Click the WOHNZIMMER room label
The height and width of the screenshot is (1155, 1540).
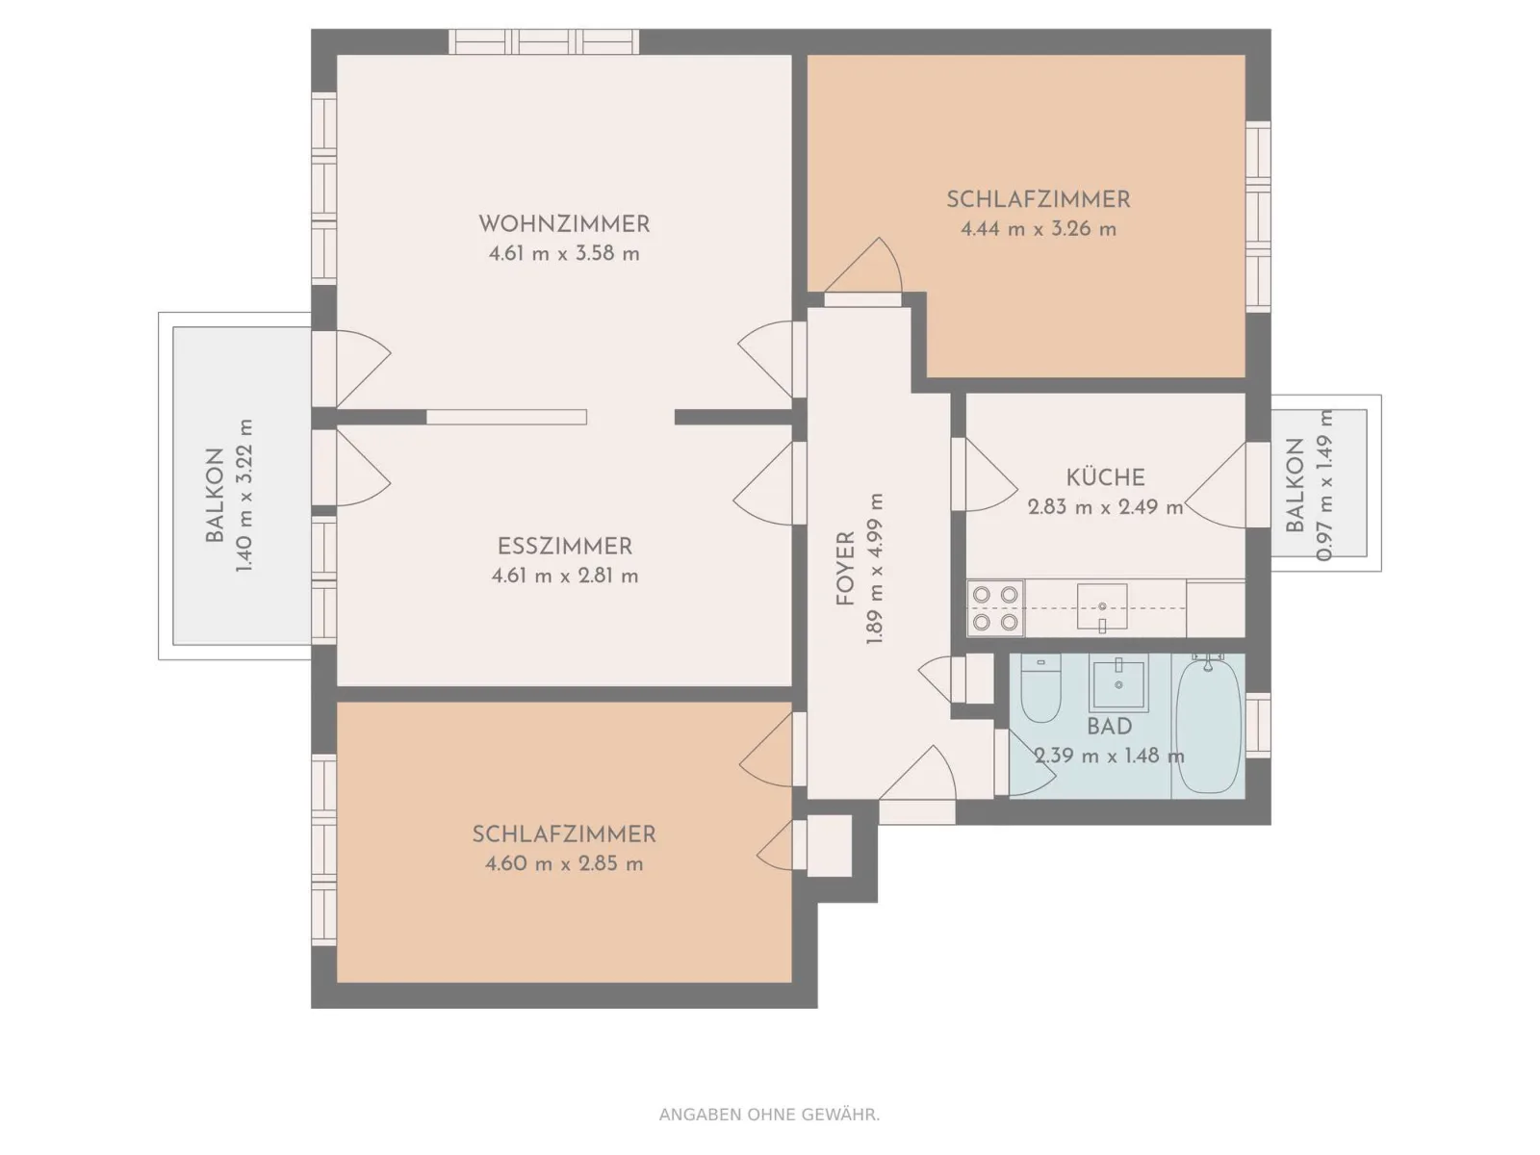pyautogui.click(x=564, y=224)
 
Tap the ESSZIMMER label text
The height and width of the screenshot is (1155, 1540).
pyautogui.click(x=565, y=547)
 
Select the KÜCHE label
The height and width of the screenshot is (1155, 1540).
pyautogui.click(x=1105, y=476)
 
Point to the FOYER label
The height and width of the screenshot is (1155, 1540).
pyautogui.click(x=845, y=568)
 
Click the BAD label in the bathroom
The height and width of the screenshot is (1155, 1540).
pyautogui.click(x=1109, y=727)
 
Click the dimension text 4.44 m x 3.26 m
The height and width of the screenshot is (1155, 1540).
pyautogui.click(x=1039, y=229)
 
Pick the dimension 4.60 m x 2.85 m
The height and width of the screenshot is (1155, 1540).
pyautogui.click(x=564, y=863)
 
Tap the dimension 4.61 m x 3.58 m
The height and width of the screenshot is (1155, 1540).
pyautogui.click(x=564, y=254)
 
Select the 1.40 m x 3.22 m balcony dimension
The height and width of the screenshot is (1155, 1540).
pyautogui.click(x=244, y=495)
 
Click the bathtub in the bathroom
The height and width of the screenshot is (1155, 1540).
pyautogui.click(x=1208, y=727)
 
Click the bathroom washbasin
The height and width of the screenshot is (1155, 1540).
pyautogui.click(x=1118, y=683)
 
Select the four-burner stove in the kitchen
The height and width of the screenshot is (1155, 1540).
pyautogui.click(x=995, y=608)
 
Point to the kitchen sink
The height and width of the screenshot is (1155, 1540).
pyautogui.click(x=1102, y=607)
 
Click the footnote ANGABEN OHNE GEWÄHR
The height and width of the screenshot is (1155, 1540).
pyautogui.click(x=769, y=1115)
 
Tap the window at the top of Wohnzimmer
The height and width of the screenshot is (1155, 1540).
pyautogui.click(x=544, y=42)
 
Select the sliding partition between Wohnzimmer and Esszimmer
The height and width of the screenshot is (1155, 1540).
pyautogui.click(x=506, y=418)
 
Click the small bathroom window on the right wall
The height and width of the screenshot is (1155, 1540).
pyautogui.click(x=1258, y=725)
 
